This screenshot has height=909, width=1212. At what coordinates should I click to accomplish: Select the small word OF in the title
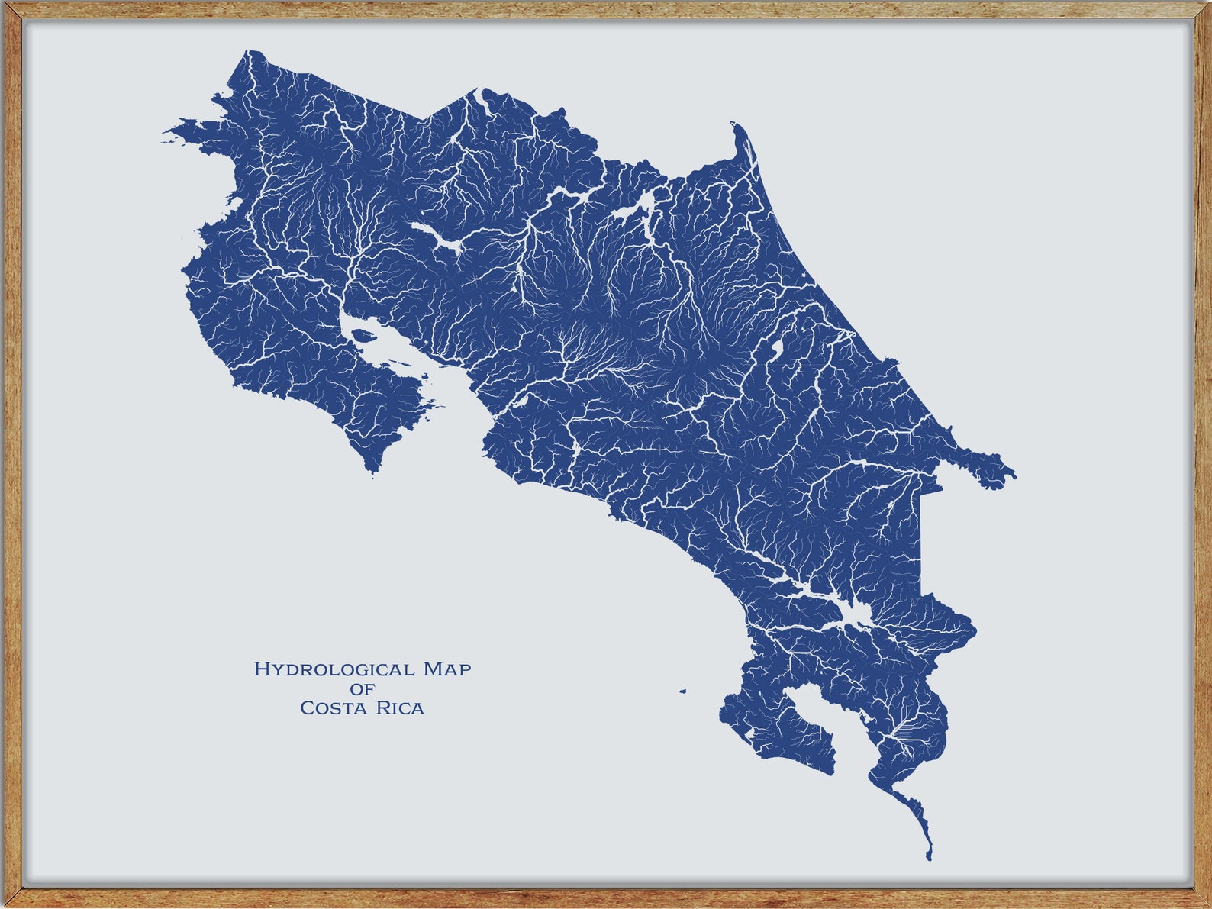point(363,689)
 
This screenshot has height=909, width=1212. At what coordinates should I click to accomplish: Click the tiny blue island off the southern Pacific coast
point(683,692)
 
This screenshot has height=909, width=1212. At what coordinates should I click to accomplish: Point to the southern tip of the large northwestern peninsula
point(372,472)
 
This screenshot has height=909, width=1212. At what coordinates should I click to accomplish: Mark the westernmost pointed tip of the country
point(163,140)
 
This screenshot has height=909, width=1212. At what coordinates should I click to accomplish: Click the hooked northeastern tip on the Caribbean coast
point(734,124)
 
